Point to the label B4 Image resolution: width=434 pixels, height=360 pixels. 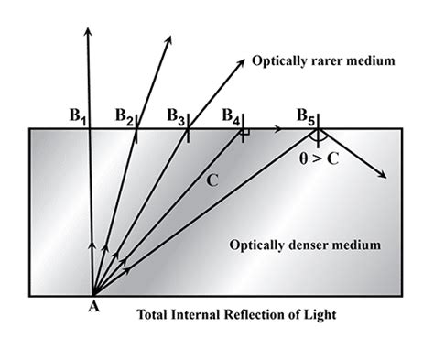coord(232,117)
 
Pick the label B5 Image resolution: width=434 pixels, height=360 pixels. coord(307,117)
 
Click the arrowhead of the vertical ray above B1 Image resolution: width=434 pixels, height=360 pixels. coord(88,34)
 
